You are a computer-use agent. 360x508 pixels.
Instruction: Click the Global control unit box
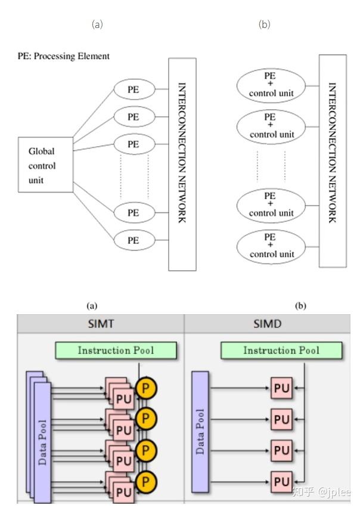(46, 165)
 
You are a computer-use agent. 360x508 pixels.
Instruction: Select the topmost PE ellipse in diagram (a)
(134, 89)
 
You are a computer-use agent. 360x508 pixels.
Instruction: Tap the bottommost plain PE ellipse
(134, 240)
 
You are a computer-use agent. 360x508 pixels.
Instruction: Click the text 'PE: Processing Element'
(63, 56)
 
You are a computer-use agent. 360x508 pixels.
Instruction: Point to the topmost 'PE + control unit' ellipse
(271, 85)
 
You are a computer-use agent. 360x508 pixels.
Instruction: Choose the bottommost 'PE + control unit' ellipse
(271, 247)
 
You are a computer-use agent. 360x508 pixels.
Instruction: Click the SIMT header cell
(101, 324)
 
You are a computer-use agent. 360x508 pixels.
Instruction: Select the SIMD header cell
(268, 324)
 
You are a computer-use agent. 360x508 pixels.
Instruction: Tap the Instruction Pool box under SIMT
(116, 350)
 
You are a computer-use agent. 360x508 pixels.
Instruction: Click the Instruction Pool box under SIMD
(281, 350)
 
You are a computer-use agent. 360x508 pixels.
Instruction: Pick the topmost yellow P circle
(146, 388)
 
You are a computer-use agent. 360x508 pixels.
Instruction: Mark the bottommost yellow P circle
(146, 481)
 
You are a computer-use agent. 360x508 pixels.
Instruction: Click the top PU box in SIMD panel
(281, 388)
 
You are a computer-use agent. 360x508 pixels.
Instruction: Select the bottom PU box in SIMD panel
(281, 481)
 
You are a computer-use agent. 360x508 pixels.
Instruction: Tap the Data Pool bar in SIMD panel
(200, 432)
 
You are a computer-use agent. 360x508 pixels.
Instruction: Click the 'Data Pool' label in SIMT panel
(42, 442)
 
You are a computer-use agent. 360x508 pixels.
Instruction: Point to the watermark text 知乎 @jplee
(321, 491)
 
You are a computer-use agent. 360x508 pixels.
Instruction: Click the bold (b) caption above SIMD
(300, 305)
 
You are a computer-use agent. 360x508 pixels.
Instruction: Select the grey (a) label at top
(97, 24)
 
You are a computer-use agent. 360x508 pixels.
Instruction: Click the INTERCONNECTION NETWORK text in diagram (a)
(182, 153)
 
